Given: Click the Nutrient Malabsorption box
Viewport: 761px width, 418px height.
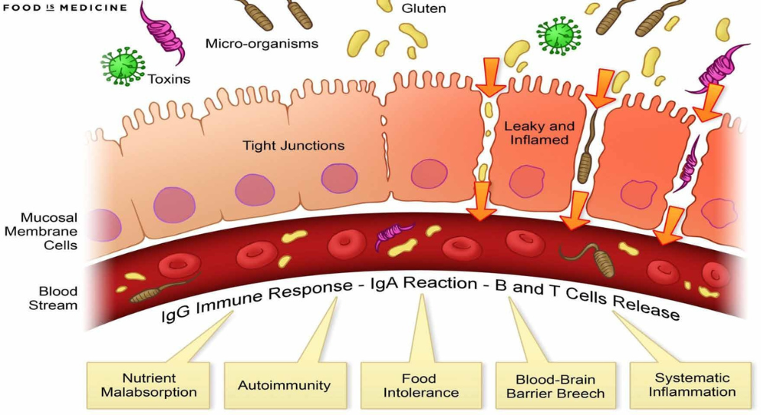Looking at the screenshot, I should click(x=149, y=385).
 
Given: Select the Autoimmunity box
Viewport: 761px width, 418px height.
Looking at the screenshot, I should click(x=285, y=385).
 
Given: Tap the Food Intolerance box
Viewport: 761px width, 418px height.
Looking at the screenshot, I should click(x=420, y=385).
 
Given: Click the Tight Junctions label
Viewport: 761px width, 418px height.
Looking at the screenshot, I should click(x=293, y=145).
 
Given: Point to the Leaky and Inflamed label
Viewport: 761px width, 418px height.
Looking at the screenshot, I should click(x=540, y=133).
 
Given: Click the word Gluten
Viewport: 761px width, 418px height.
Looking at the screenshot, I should click(x=424, y=9).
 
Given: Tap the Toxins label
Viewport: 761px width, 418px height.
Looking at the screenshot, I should click(x=169, y=78).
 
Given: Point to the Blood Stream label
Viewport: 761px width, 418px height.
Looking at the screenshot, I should click(x=58, y=298).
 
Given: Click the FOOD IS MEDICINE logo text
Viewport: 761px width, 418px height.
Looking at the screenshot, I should click(x=64, y=8).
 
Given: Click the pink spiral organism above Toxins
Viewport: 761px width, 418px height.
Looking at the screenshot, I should click(x=162, y=32).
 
